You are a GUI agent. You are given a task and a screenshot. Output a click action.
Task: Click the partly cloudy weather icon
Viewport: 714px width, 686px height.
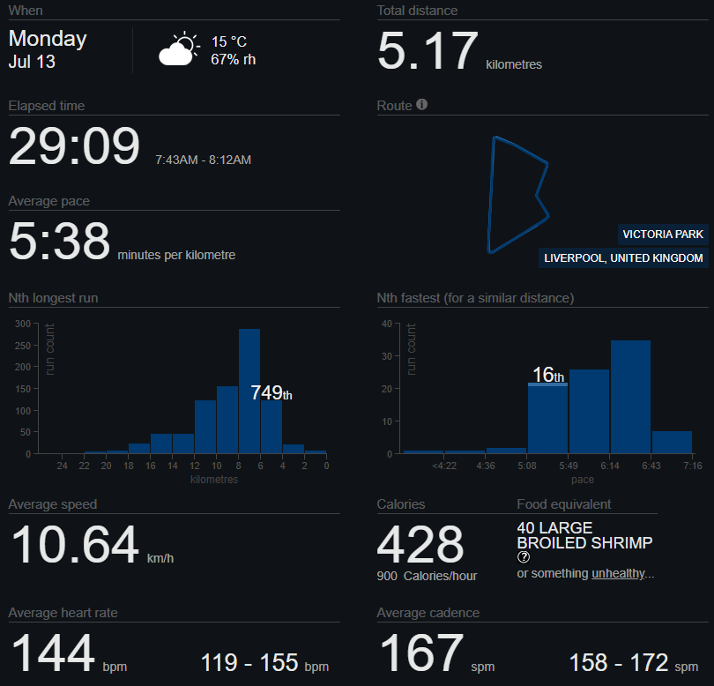click(179, 48)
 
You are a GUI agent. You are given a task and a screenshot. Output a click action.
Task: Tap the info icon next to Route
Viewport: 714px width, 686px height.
click(421, 104)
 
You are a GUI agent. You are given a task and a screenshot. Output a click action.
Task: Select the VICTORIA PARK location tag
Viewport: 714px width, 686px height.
click(663, 235)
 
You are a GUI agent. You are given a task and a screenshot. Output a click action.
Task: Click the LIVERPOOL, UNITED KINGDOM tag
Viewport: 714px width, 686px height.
click(623, 257)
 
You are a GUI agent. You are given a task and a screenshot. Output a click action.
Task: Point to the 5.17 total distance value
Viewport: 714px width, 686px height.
click(428, 50)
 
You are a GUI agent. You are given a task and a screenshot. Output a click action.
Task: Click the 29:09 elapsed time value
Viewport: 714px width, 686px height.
click(74, 145)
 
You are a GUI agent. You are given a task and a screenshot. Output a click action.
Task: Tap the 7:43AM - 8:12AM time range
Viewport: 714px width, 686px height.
click(203, 160)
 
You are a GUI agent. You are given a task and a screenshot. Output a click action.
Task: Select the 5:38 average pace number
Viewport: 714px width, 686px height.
click(59, 241)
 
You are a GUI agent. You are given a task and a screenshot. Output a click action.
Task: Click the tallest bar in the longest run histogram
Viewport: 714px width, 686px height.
click(249, 391)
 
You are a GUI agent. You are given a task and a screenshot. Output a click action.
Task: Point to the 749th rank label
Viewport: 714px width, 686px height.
click(271, 392)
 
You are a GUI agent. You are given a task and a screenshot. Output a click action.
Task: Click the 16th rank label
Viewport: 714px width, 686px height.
click(548, 375)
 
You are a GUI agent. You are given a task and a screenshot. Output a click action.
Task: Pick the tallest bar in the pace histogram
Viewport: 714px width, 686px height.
click(630, 397)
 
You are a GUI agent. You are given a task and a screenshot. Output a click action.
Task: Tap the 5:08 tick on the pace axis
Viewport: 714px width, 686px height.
click(527, 466)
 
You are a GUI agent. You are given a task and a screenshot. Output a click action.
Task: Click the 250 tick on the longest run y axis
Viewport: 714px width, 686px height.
click(23, 346)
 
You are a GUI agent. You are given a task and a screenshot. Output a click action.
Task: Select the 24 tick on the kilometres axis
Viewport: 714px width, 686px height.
click(62, 466)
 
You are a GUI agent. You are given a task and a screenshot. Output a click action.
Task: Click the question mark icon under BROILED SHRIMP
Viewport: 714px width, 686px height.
click(524, 556)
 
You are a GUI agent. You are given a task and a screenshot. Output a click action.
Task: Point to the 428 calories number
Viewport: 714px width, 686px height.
click(420, 544)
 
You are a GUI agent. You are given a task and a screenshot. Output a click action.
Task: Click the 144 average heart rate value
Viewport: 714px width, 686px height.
click(53, 653)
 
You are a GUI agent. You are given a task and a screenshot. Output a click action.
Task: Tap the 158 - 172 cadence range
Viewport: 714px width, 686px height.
click(619, 662)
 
